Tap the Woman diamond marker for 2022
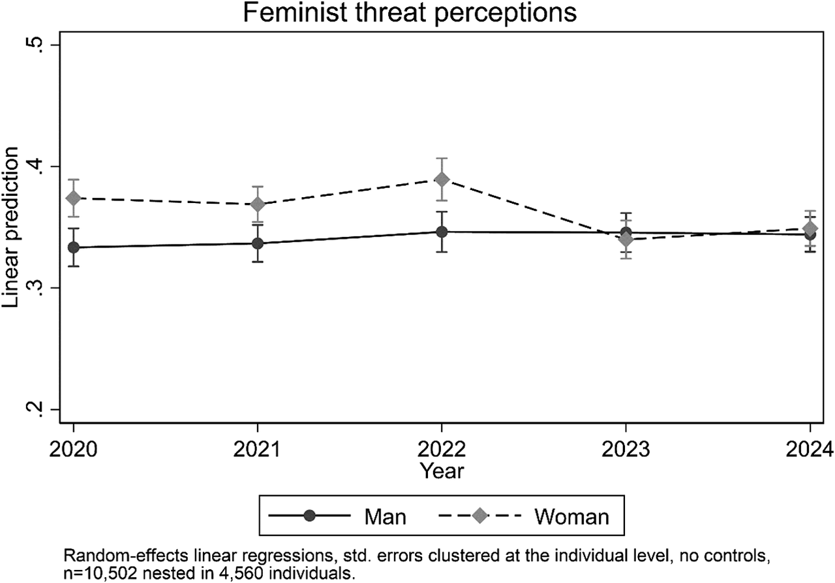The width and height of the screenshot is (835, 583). pyautogui.click(x=442, y=180)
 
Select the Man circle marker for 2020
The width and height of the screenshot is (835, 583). pyautogui.click(x=73, y=247)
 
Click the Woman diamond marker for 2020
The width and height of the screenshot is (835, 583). pyautogui.click(x=73, y=198)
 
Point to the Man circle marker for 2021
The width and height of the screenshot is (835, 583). pyautogui.click(x=258, y=244)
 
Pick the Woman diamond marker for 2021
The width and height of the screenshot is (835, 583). pyautogui.click(x=258, y=204)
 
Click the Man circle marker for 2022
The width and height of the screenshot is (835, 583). pyautogui.click(x=442, y=232)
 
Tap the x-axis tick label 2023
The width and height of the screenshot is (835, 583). pyautogui.click(x=626, y=450)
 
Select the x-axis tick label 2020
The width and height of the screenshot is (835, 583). pyautogui.click(x=73, y=450)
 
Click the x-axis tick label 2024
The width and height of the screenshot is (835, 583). pyautogui.click(x=810, y=450)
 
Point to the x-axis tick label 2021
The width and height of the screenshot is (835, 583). pyautogui.click(x=258, y=450)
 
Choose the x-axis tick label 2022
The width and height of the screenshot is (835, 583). pyautogui.click(x=442, y=450)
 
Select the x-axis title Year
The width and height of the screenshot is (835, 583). pyautogui.click(x=442, y=470)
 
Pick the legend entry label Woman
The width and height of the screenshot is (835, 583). pyautogui.click(x=571, y=517)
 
